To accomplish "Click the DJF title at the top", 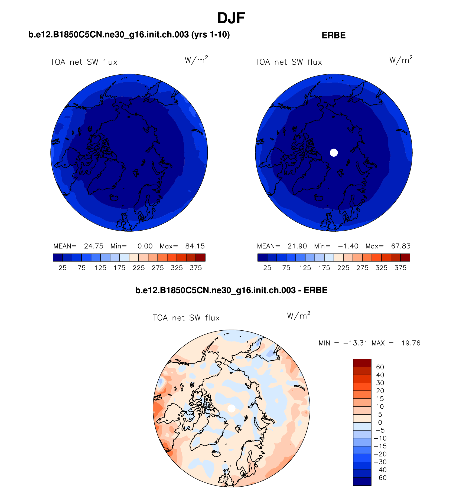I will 231,18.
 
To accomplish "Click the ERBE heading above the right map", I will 334,35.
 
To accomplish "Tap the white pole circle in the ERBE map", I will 334,153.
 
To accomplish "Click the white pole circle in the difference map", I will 231,408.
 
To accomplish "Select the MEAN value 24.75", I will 94,246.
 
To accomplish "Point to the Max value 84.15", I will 195,246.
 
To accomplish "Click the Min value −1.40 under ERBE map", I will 348,246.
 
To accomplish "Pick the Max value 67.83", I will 401,246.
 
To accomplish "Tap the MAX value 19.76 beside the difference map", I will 411,343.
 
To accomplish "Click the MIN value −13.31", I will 356,343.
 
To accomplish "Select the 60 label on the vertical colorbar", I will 380,367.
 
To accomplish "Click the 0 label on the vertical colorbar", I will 380,422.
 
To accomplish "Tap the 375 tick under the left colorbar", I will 196,268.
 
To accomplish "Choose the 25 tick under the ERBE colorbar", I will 267,268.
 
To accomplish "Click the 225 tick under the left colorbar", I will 139,268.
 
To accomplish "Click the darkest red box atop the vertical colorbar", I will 362,363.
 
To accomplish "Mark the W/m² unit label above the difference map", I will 299,316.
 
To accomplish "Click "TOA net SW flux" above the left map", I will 84,62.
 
